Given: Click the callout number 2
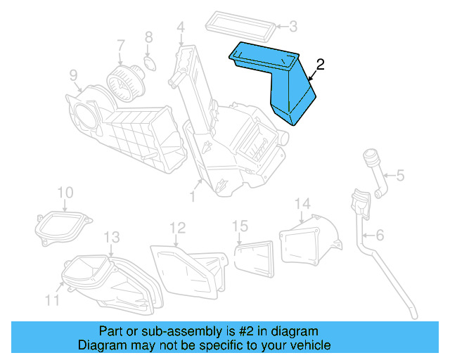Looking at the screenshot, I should pyautogui.click(x=320, y=65).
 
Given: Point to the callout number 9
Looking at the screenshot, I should pyautogui.click(x=72, y=75).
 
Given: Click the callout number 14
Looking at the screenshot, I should pyautogui.click(x=302, y=205).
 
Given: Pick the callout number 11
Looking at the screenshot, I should pyautogui.click(x=53, y=300).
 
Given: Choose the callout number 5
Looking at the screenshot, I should pyautogui.click(x=399, y=175).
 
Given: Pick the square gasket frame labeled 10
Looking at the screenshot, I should pyautogui.click(x=63, y=224).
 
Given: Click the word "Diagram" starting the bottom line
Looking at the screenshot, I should pyautogui.click(x=101, y=345).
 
